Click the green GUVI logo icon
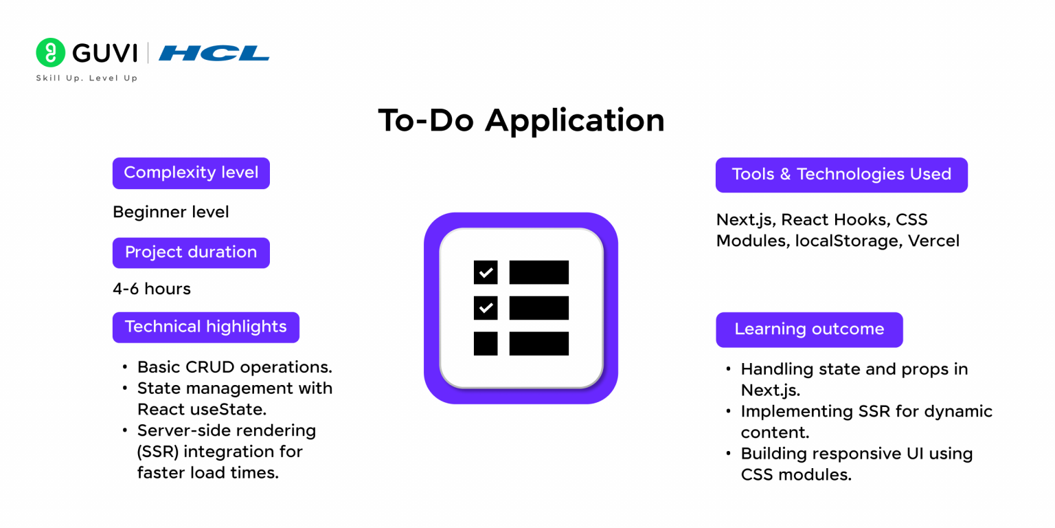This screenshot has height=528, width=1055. coord(50,53)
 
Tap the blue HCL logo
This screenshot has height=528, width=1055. coord(214,53)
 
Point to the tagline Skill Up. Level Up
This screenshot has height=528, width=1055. coord(87,78)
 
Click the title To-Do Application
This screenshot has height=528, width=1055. coord(521,121)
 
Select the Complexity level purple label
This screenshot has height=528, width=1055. coord(191,173)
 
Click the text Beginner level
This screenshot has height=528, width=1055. coord(171,212)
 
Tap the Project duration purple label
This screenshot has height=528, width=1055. coord(191,252)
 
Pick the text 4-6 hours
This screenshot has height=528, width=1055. coord(152,289)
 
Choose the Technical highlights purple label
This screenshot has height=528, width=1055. coord(205,327)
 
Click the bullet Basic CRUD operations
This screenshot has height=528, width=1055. coord(235,366)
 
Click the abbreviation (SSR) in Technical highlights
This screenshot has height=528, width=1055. coord(157,452)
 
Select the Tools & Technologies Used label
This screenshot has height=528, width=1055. coord(841,175)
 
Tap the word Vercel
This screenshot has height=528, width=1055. coord(933,241)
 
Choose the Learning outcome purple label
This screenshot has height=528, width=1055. coord(809,329)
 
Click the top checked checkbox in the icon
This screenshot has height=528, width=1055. coord(486,272)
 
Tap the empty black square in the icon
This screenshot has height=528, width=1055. coord(486,344)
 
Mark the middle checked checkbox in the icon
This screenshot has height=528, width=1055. coord(486,308)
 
